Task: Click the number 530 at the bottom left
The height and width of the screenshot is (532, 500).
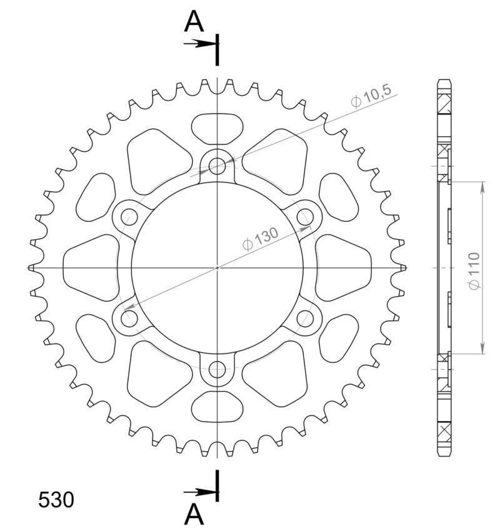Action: (x=56, y=499)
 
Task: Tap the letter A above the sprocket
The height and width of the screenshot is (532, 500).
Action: (x=194, y=23)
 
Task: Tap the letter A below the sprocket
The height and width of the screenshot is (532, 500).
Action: (x=194, y=514)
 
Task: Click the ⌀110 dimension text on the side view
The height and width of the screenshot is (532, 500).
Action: (x=473, y=270)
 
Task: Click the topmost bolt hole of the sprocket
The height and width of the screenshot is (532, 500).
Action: (x=217, y=166)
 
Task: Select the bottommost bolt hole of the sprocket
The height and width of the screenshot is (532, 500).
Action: (x=217, y=369)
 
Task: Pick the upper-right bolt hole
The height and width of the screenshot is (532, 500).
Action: (x=306, y=217)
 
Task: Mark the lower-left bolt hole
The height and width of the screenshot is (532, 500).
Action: (x=129, y=319)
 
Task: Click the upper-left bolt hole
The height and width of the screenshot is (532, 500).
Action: (x=129, y=217)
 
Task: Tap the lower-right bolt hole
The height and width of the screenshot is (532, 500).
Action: (x=306, y=319)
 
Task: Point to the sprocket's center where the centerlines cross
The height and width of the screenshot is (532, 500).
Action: (x=217, y=268)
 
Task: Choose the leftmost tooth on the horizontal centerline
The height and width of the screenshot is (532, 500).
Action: (x=31, y=268)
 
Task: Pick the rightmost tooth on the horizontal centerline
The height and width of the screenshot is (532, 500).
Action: (x=404, y=268)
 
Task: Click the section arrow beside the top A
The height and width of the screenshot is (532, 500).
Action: (x=200, y=43)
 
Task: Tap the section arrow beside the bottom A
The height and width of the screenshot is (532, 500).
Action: (x=200, y=492)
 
